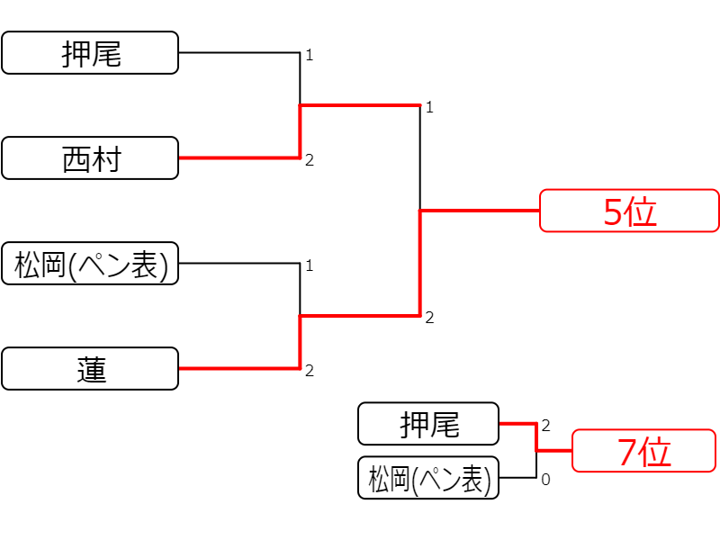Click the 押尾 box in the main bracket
[90, 53]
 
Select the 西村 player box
[90, 158]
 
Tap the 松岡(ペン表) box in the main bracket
[90, 264]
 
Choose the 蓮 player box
[90, 369]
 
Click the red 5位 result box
[629, 211]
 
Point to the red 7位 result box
[643, 451]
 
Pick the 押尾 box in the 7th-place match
[428, 424]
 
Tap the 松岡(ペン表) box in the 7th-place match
[428, 478]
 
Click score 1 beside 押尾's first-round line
[310, 55]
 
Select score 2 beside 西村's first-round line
[310, 160]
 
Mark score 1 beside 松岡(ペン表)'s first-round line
[310, 265]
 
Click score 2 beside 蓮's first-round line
[310, 371]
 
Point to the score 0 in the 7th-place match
[545, 480]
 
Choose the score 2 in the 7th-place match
[545, 426]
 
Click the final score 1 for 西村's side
[429, 107]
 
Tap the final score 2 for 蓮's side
[429, 318]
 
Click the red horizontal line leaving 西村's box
[239, 158]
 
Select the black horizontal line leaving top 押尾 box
[239, 53]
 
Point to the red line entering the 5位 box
[480, 211]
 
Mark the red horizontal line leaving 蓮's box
[239, 368]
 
